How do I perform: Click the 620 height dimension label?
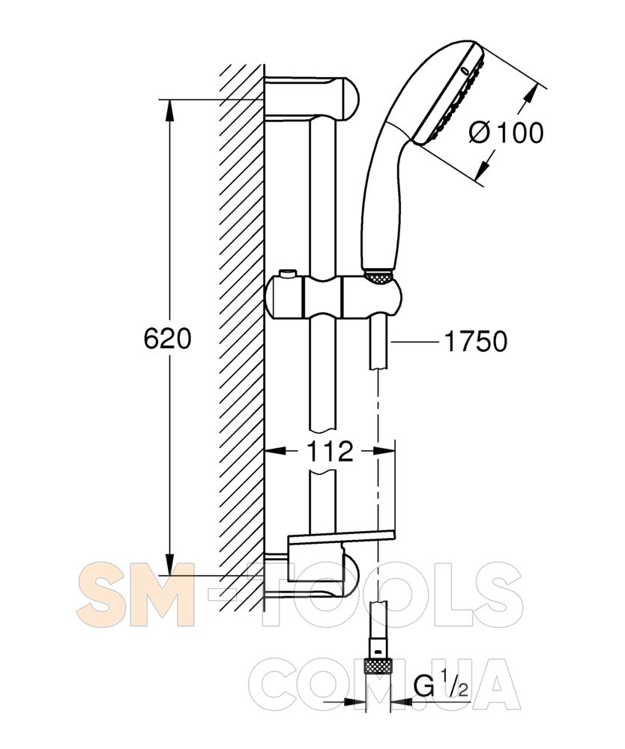click(167, 339)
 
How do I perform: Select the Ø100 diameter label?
click(506, 132)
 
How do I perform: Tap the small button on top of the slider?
click(287, 273)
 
